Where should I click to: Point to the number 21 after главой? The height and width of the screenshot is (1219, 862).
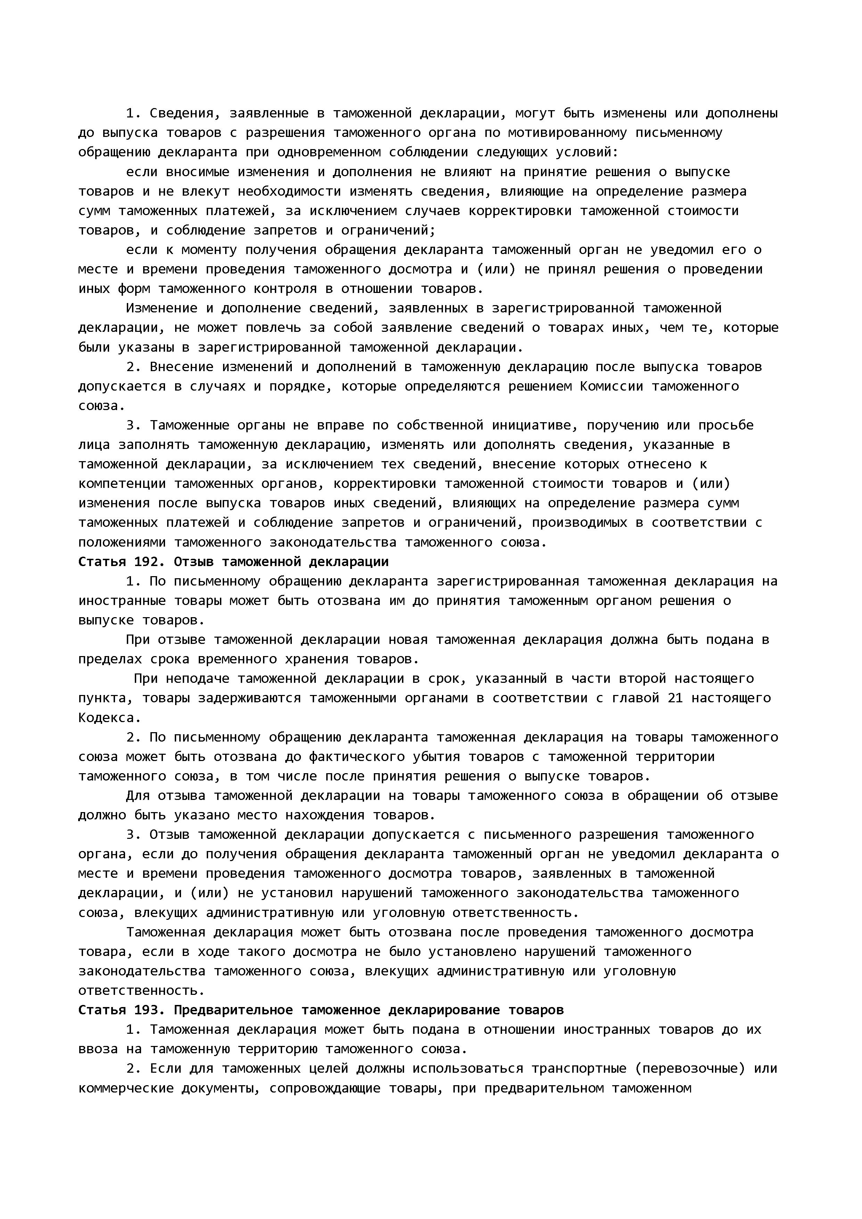click(675, 698)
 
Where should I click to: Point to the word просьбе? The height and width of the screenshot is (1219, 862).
click(726, 425)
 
